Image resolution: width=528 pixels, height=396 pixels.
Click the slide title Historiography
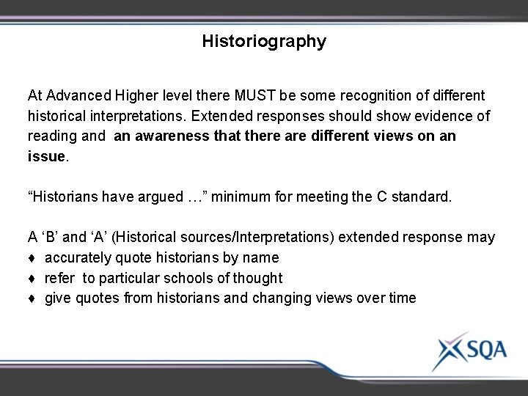point(264,42)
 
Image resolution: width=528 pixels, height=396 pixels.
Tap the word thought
point(256,278)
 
